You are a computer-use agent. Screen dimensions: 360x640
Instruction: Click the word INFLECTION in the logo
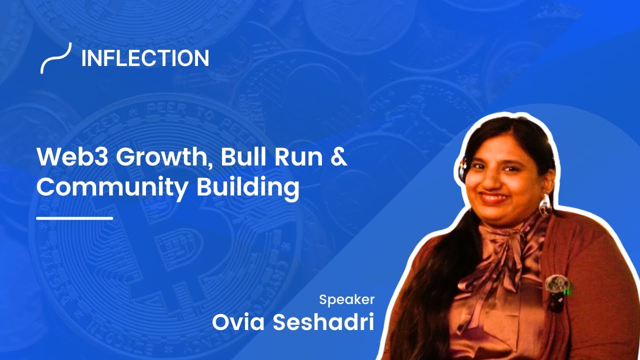[x=145, y=59]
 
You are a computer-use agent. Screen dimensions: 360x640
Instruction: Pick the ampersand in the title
[x=338, y=158]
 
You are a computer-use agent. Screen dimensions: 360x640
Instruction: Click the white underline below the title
[x=75, y=218]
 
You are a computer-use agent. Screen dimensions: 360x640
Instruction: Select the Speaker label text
[x=346, y=300]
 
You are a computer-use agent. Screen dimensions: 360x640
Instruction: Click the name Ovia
[x=238, y=322]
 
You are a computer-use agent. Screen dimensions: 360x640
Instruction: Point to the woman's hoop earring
[x=545, y=205]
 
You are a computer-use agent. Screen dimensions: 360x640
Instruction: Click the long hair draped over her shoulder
[x=440, y=280]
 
